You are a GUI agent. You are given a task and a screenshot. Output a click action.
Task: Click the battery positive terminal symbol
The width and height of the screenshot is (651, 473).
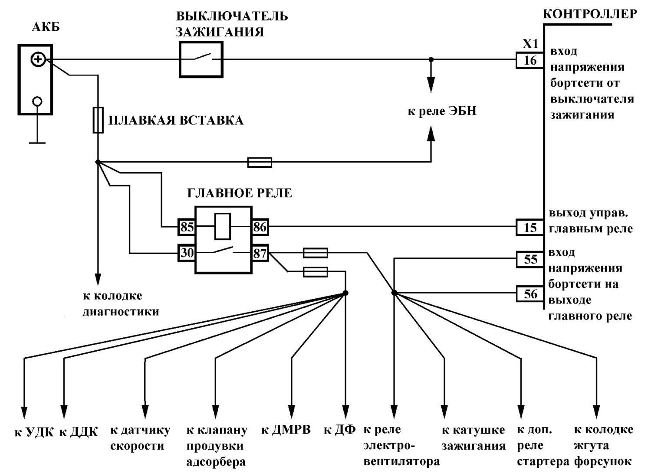[x=38, y=60]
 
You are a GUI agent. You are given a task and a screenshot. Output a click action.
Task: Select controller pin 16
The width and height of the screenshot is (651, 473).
[x=530, y=60]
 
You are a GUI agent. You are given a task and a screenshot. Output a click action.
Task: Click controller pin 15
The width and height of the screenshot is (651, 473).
[x=530, y=227]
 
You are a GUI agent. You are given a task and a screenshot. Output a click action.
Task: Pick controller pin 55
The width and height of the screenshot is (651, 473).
[x=530, y=259]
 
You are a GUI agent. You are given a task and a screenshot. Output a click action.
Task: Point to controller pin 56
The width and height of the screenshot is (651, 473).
[x=530, y=294]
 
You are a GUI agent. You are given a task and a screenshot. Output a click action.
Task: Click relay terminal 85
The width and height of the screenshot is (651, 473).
[x=187, y=227]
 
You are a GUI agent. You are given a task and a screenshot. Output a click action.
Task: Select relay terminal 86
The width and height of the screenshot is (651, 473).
[x=260, y=227]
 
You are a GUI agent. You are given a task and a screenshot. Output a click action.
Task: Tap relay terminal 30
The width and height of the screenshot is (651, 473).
[x=187, y=253]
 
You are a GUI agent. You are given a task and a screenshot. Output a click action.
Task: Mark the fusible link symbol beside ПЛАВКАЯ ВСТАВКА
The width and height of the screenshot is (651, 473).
[x=98, y=120]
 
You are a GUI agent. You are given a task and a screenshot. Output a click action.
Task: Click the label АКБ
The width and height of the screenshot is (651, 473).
[x=46, y=27]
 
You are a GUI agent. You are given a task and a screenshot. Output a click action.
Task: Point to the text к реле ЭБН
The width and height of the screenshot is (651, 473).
[x=442, y=111]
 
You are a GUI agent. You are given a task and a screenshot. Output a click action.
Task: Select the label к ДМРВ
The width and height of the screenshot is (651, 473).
[x=286, y=430]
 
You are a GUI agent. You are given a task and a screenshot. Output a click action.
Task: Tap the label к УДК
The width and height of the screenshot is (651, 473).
[x=34, y=432]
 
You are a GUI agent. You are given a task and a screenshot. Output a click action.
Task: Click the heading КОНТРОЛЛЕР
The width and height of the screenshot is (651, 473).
[x=590, y=14]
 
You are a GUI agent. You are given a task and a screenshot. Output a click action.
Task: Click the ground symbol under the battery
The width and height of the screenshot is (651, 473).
[x=37, y=128]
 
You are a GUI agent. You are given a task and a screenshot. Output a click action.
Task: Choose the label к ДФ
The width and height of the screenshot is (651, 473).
[x=340, y=430]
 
